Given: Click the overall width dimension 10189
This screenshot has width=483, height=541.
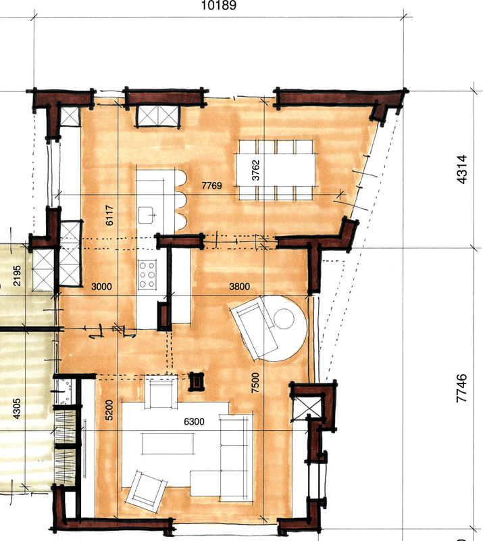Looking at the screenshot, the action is coord(219,5).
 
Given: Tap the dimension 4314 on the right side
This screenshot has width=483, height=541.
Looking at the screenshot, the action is coord(461,169).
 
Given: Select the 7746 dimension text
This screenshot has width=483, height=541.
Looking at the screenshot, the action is coord(461,387).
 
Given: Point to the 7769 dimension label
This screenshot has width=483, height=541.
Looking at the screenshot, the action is coord(211,185).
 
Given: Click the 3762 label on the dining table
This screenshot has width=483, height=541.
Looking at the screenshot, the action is coord(255,170).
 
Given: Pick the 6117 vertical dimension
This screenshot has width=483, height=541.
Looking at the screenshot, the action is coord(109,215).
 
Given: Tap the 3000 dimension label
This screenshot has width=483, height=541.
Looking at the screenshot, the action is coord(101,286).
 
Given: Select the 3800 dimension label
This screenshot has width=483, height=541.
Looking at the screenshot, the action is coord(240,286).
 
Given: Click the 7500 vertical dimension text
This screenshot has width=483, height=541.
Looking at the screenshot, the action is coord(255,383).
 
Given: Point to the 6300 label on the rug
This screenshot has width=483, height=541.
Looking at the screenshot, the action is coord(194,421).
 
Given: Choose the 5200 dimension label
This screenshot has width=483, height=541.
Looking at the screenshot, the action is coord(109,410).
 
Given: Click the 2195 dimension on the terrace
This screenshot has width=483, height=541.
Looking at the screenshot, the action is coord(16,276).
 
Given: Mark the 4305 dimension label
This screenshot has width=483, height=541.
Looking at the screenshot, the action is coord(16,409).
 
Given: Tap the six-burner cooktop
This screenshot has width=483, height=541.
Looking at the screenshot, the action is coord(147,275).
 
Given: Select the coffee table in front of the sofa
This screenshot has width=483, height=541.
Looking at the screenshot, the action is coord(168,444).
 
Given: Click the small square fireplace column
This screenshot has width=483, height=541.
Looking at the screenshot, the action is coord(196,381).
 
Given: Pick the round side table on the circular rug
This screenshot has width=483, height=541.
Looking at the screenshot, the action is coord(284,319).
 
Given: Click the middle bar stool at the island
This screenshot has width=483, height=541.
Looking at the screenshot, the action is coord(180,201).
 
